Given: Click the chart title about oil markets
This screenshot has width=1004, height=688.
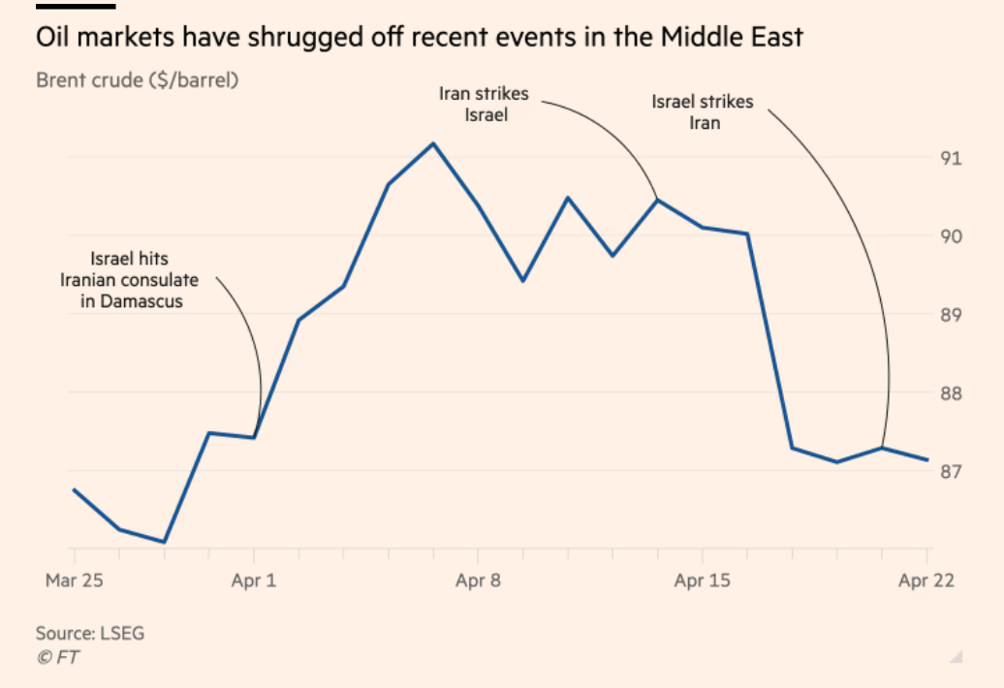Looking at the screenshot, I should point(419,39).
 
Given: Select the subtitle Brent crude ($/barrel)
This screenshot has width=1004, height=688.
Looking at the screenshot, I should point(137,80).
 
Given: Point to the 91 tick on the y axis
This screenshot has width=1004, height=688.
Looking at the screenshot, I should point(951,158).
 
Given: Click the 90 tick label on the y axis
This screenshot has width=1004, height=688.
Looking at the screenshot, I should point(951,236).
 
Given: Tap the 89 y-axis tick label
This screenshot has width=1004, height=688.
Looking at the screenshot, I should point(951,315).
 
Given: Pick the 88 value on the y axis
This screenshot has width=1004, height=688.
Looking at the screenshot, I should point(951,393).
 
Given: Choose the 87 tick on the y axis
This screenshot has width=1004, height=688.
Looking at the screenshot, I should point(951,472).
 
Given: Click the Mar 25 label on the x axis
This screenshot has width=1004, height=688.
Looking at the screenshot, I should point(74,581).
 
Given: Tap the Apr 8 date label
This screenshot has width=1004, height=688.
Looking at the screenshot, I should point(478,581).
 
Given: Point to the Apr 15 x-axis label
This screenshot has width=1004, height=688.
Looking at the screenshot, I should point(702,581).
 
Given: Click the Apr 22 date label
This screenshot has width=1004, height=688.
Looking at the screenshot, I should point(926,581).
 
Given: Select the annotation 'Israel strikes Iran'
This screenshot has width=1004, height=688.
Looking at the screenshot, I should point(702,112).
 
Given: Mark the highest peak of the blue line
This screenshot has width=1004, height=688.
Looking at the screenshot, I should point(433,143).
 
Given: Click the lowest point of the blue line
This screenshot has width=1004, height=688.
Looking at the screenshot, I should point(165,542).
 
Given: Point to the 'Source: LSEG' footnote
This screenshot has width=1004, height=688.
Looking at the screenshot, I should point(89,634).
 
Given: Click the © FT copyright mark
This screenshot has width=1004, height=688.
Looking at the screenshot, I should point(58,658).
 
